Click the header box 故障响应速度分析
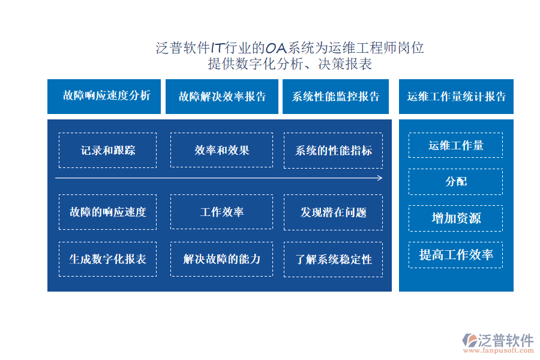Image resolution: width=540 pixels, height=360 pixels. [104, 97]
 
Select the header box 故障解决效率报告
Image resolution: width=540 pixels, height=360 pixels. [222, 97]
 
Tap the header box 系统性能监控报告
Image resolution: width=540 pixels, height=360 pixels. [335, 97]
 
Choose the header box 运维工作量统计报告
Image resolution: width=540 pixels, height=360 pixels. [456, 97]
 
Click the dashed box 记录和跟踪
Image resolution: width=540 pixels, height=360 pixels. [108, 151]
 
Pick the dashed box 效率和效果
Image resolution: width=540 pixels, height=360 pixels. [222, 150]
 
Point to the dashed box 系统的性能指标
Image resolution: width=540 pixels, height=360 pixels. [334, 151]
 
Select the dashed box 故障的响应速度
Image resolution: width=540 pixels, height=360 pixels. [108, 212]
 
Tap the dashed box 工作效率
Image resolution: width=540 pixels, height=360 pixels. [222, 212]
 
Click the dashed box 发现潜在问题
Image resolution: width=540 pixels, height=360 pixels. [334, 212]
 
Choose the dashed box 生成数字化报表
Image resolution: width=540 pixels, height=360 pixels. [108, 259]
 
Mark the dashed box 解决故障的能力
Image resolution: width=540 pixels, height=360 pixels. [222, 259]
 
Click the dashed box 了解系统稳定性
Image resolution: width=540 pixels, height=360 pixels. [334, 259]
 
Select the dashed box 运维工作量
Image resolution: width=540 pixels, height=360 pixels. [455, 145]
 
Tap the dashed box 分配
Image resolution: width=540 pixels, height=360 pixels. [455, 182]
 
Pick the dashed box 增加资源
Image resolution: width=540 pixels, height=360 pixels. [455, 218]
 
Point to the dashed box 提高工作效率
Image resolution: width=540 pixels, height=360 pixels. [455, 255]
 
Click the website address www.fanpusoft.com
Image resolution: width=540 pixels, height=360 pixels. [499, 350]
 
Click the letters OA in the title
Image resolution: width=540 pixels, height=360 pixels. [276, 48]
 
